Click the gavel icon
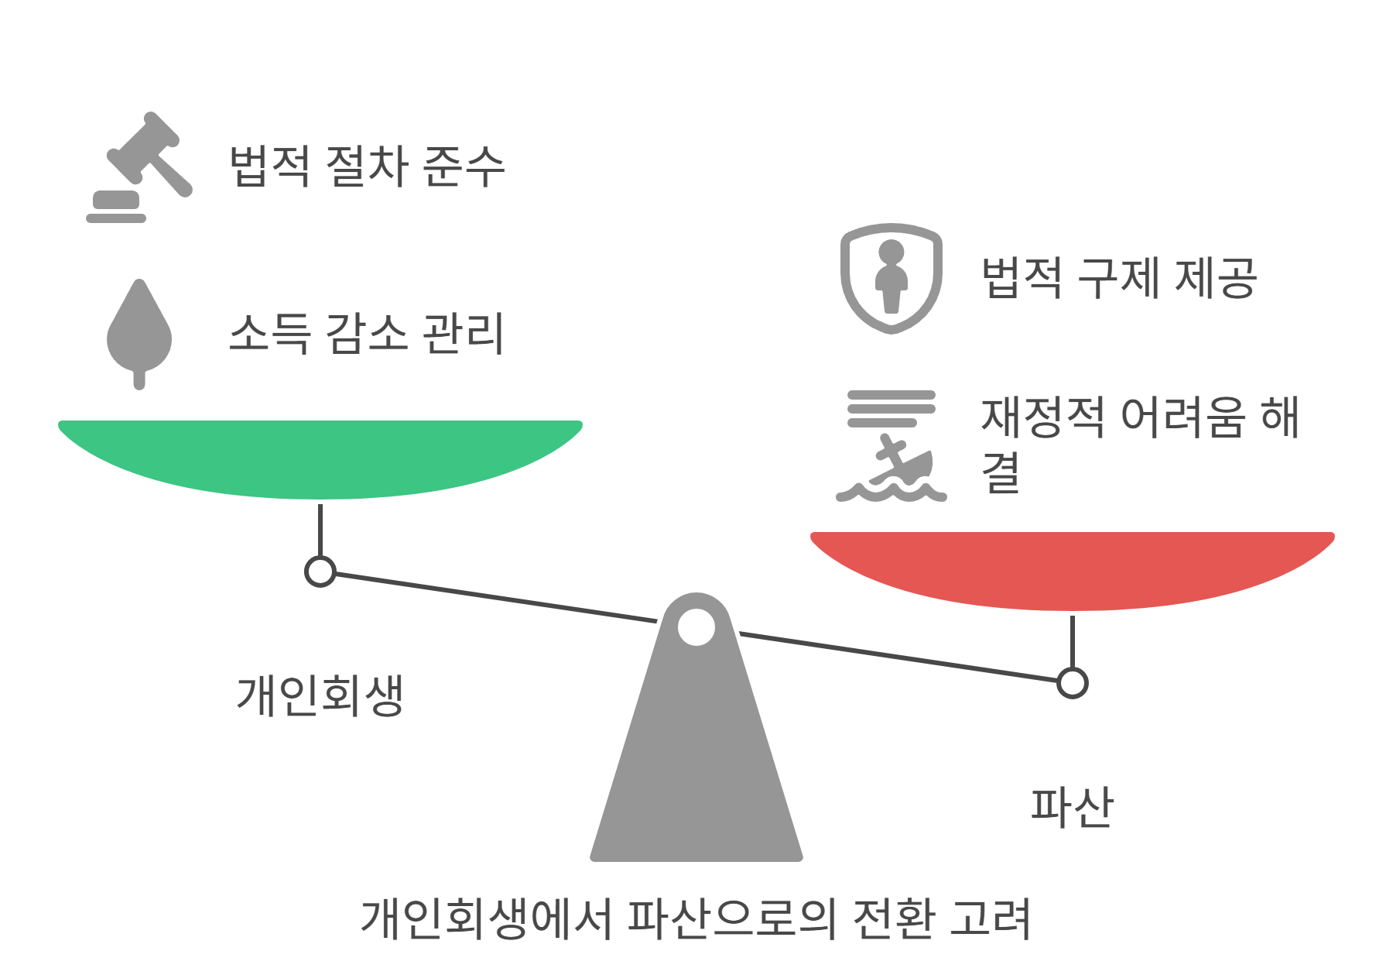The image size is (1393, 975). (139, 167)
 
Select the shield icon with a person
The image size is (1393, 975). (892, 278)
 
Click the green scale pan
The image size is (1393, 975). (320, 457)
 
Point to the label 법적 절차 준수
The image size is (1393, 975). (367, 167)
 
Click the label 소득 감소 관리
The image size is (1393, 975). (367, 334)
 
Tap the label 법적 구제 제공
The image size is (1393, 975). (1119, 278)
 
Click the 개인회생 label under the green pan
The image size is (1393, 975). (320, 695)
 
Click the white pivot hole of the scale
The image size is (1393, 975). (696, 627)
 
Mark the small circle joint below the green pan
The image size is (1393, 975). (320, 572)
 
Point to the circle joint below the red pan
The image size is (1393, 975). (1073, 683)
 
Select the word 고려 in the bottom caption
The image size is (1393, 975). (991, 918)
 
